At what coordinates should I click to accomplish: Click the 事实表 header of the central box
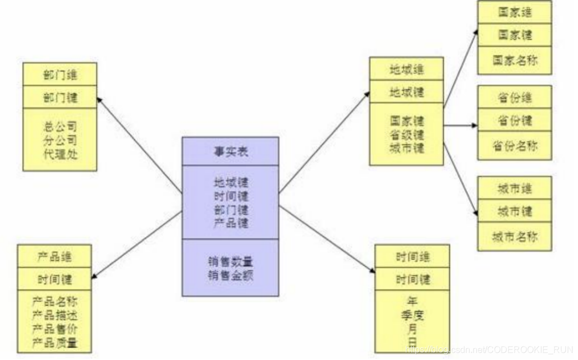[230, 151]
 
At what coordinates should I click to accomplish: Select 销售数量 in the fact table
[230, 262]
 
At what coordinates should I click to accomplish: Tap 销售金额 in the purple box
[230, 275]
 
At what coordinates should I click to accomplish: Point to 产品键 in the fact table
[230, 223]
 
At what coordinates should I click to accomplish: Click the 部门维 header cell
[60, 75]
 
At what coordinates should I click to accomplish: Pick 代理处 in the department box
[60, 154]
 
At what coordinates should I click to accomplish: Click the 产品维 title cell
[55, 257]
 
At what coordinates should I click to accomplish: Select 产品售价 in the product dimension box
[55, 329]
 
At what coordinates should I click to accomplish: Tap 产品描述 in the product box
[55, 316]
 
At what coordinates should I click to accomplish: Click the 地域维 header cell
[406, 70]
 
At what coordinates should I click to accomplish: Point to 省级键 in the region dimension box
[406, 135]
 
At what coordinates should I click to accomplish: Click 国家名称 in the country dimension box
[515, 60]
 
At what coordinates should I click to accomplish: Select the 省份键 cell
[515, 120]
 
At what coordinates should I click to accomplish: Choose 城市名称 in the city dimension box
[515, 236]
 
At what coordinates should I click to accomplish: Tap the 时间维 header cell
[412, 257]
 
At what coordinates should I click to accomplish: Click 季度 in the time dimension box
[412, 315]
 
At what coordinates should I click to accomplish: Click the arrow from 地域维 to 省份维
[460, 126]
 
